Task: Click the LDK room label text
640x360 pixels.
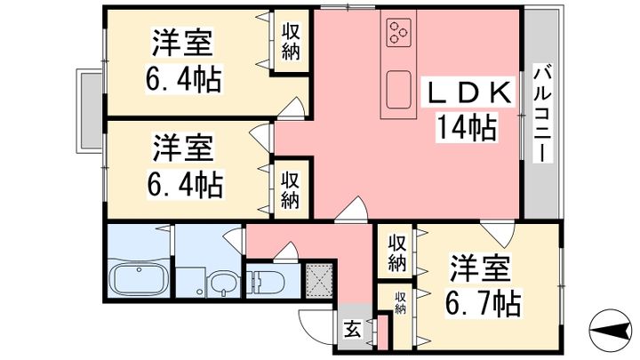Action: pyautogui.click(x=469, y=92)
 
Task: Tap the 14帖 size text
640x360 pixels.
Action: pyautogui.click(x=468, y=127)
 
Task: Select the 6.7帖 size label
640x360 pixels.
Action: pyautogui.click(x=484, y=304)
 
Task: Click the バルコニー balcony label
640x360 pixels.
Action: pyautogui.click(x=542, y=115)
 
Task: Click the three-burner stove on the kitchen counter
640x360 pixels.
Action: pyautogui.click(x=398, y=32)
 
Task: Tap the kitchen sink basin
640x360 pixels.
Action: pyautogui.click(x=399, y=90)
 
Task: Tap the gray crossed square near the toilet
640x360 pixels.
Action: pyautogui.click(x=319, y=281)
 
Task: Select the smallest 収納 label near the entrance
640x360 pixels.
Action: pyautogui.click(x=400, y=302)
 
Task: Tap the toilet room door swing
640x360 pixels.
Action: pyautogui.click(x=287, y=250)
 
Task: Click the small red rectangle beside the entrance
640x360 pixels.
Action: pyautogui.click(x=383, y=332)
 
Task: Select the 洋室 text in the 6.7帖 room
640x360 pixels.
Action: pyautogui.click(x=480, y=269)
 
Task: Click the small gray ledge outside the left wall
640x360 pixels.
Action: pyautogui.click(x=90, y=111)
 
